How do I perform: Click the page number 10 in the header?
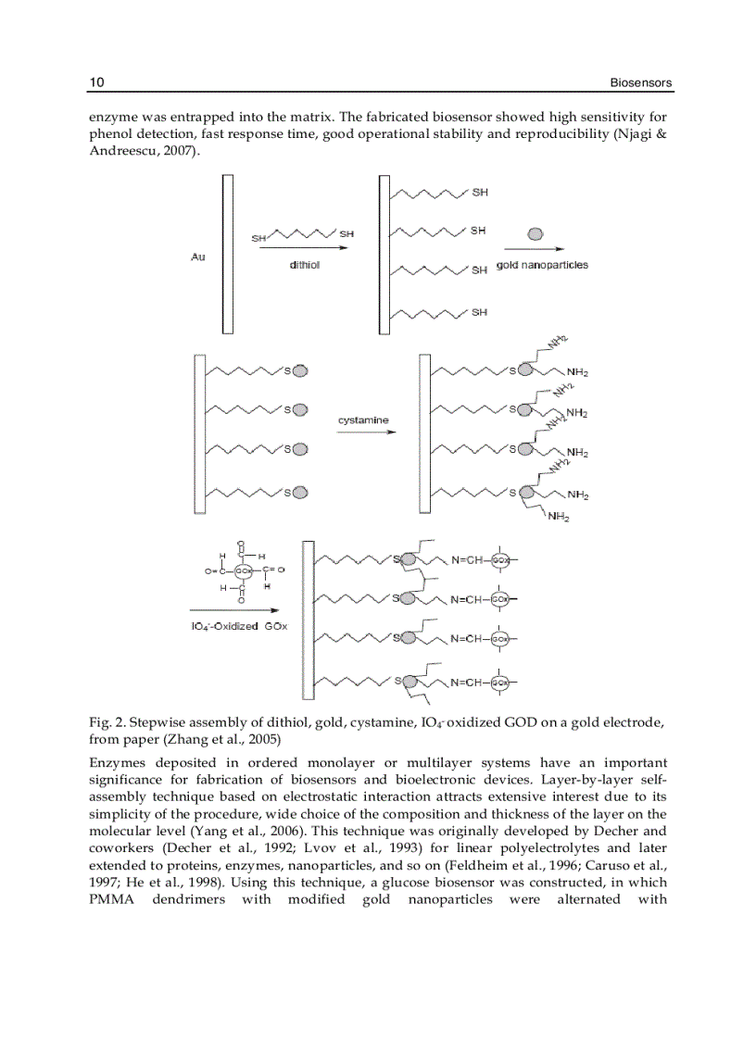pos(96,83)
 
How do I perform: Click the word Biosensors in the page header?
pos(640,83)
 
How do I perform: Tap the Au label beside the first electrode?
pos(198,257)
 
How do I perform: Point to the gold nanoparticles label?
pos(542,265)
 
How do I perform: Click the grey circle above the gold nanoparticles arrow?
pos(535,233)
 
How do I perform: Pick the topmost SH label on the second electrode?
pos(480,193)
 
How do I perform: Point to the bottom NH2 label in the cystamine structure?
pos(558,517)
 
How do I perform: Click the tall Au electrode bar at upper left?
pos(227,253)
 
